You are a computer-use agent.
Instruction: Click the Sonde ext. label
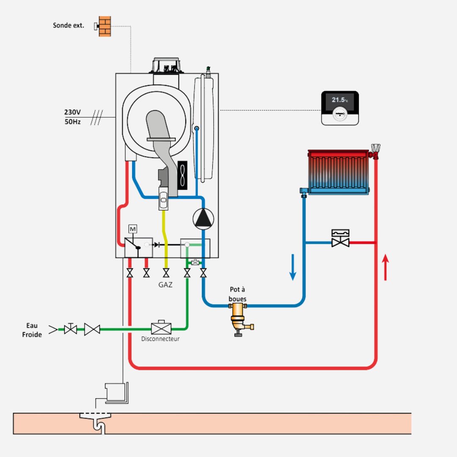click(69, 25)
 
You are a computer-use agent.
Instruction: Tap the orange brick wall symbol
click(105, 26)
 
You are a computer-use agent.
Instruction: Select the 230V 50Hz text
click(72, 117)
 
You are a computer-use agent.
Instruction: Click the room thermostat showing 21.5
click(340, 108)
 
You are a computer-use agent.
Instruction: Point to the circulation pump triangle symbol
click(204, 218)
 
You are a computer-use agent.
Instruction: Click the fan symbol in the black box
click(182, 175)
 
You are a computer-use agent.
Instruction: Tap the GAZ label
click(165, 285)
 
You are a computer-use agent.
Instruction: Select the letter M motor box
click(133, 229)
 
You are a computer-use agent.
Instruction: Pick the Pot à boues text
click(237, 294)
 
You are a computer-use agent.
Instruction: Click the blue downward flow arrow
click(293, 273)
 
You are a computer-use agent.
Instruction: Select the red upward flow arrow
click(385, 267)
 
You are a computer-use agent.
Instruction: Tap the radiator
click(338, 172)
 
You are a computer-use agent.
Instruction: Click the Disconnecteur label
click(160, 339)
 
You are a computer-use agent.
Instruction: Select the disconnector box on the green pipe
click(161, 328)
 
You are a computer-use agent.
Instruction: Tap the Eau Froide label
click(32, 330)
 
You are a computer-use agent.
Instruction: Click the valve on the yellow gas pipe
click(166, 273)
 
